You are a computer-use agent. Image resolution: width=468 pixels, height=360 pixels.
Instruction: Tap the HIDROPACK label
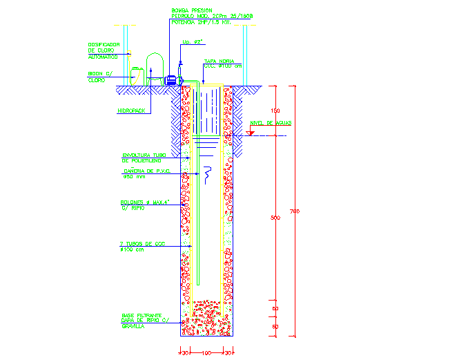pos(131,111)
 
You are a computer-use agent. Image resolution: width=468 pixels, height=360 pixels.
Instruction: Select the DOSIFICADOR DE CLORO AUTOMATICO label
pos(104,50)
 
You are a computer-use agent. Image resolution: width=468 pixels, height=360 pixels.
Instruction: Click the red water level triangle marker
pos(249,131)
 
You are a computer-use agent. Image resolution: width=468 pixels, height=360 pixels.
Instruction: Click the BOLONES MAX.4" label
pos(144,205)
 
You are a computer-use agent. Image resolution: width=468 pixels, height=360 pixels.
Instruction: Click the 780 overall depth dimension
pos(295,210)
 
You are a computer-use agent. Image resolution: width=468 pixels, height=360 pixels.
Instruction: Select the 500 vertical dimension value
pos(275,218)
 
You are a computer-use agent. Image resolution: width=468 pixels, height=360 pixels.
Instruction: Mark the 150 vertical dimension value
pos(275,111)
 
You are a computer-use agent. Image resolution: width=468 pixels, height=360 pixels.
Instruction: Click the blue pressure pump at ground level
pos(170,80)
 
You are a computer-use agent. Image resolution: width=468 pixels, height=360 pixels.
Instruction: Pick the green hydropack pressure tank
pos(155,69)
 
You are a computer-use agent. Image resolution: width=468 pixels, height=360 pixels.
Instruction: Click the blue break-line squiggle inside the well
pos(207,178)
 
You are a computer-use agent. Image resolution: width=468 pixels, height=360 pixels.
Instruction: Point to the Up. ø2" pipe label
pos(191,42)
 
